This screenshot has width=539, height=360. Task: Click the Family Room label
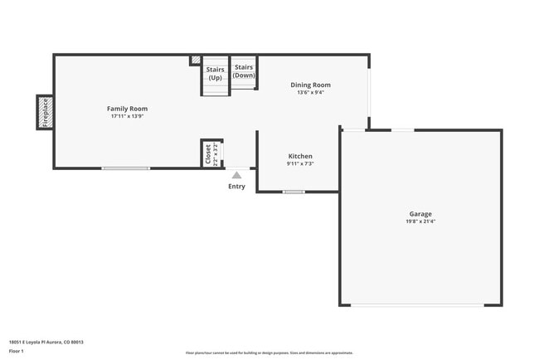coord(127,109)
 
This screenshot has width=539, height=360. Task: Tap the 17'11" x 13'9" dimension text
coord(127,116)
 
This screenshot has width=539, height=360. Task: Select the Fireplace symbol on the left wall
coord(45,112)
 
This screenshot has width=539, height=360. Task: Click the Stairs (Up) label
coord(215,73)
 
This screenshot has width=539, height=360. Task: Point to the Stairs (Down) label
coord(244,71)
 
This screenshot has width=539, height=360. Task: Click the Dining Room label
coord(310,85)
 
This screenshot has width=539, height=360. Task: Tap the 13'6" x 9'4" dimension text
coord(310,92)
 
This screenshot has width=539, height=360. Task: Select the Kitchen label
coord(300,156)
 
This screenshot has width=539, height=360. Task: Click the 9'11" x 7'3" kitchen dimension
coord(300,163)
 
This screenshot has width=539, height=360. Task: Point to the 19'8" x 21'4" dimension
coord(420,221)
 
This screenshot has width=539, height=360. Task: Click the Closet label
coord(208,154)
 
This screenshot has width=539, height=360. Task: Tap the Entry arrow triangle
coord(236,175)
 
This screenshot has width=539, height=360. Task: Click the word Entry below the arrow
coord(236,187)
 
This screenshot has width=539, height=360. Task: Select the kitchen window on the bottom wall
coord(294,192)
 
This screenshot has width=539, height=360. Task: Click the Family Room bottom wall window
coord(126,168)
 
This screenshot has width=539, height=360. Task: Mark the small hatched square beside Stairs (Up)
coord(196,60)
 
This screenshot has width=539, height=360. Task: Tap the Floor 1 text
coord(17,352)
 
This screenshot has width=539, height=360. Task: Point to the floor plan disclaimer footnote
coord(269,353)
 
